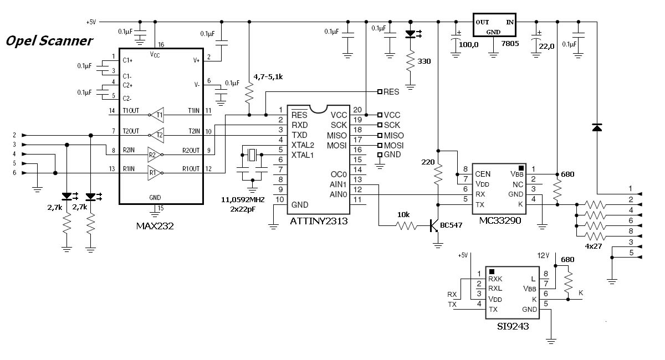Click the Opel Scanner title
[x=49, y=41]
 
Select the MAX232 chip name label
[x=155, y=226]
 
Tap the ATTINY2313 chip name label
[x=319, y=221]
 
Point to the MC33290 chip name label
[x=500, y=220]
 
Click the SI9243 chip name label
[x=513, y=326]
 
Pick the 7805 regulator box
[x=494, y=25]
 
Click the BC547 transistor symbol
[x=434, y=225]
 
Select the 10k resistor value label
[x=403, y=214]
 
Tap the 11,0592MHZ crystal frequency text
[x=243, y=200]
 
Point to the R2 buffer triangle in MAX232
[x=155, y=155]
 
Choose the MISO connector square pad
[x=380, y=135]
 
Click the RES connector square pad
[x=380, y=92]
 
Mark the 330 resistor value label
[x=424, y=61]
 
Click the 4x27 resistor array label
[x=593, y=246]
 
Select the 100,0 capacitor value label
[x=468, y=45]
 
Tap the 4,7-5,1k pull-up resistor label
[x=268, y=77]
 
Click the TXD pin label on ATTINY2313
[x=299, y=135]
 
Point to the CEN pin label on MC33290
[x=483, y=174]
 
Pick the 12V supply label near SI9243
[x=543, y=255]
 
